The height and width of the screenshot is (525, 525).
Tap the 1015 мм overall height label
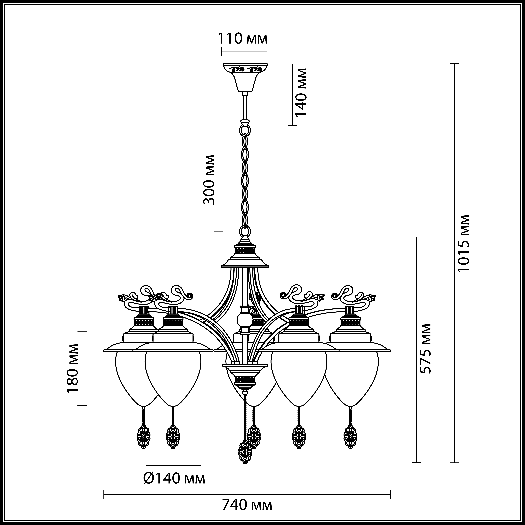coord(463,243)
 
